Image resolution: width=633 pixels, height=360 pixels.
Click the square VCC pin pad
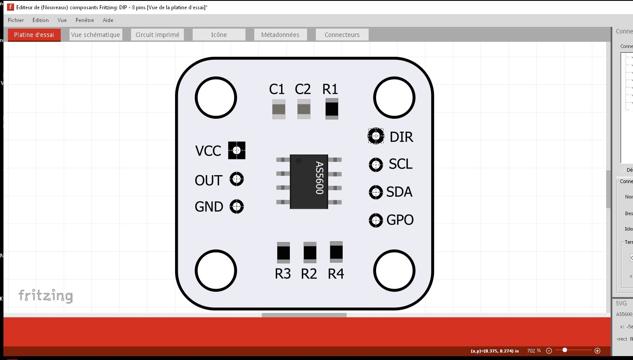[237, 151]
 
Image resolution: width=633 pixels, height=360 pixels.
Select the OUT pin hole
[237, 179]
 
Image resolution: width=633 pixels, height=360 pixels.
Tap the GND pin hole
[237, 206]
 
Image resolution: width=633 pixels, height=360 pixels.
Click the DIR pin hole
[376, 136]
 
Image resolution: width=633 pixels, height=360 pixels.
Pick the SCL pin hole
[376, 165]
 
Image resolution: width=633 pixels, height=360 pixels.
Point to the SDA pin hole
[376, 192]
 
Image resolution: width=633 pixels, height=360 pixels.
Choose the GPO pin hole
[376, 220]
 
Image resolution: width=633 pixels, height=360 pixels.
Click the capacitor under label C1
[278, 109]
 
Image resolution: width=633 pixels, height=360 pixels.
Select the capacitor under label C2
[304, 109]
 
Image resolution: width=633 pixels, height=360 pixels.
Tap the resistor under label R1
[332, 109]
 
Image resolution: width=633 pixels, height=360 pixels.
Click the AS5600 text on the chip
[319, 178]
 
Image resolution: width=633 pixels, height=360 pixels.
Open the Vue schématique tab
[95, 35]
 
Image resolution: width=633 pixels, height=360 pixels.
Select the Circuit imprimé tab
[157, 35]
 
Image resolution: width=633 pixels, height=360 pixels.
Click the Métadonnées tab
[280, 35]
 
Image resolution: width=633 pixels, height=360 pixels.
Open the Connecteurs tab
[342, 35]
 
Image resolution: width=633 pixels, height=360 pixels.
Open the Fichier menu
[16, 20]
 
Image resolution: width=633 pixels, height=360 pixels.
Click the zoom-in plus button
[597, 351]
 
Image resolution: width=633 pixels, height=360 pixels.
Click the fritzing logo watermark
[45, 296]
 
